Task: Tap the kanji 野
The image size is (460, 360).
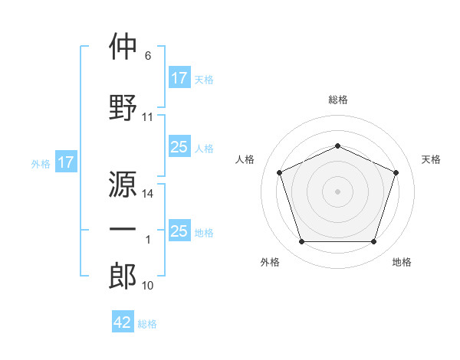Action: [123, 107]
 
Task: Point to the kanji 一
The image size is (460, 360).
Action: [123, 231]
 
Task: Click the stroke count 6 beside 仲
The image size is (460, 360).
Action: [148, 56]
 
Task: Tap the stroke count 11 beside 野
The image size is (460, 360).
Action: [148, 117]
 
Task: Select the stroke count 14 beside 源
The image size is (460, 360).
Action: [148, 194]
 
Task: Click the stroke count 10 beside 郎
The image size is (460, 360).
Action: [148, 286]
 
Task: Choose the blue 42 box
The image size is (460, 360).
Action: [123, 322]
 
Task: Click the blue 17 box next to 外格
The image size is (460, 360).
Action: [65, 162]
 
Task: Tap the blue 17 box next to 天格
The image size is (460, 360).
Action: [179, 78]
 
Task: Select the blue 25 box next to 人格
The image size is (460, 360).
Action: [179, 147]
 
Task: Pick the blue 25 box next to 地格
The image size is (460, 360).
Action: [179, 231]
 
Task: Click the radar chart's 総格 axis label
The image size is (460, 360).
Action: [338, 100]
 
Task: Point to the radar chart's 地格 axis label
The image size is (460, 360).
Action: [402, 262]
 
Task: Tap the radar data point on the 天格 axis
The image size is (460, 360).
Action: [396, 172]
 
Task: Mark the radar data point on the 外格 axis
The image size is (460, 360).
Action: [301, 242]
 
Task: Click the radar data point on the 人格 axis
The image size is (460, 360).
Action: [279, 172]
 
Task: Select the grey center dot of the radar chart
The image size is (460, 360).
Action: [338, 191]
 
